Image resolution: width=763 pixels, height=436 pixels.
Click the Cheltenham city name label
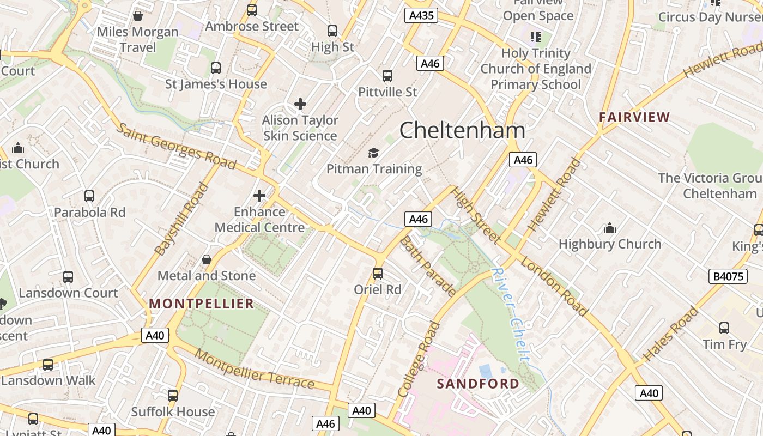(462, 131)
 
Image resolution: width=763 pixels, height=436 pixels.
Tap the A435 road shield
(421, 15)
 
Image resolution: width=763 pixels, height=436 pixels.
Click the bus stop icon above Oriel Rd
(378, 274)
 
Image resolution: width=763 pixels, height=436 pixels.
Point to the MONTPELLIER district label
(202, 304)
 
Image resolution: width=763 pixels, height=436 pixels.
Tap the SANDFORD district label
(478, 384)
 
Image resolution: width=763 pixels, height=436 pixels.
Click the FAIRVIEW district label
(634, 117)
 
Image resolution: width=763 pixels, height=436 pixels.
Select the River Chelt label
(511, 314)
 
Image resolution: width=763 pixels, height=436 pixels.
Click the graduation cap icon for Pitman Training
(373, 153)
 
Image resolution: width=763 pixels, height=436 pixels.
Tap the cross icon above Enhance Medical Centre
(259, 195)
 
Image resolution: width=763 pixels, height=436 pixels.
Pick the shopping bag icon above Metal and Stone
(207, 259)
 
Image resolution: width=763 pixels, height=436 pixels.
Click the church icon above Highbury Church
(609, 227)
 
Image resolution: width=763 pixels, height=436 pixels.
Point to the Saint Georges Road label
(177, 146)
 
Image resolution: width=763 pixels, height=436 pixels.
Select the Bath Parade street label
(428, 267)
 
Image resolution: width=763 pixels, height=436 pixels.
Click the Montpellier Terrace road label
(255, 368)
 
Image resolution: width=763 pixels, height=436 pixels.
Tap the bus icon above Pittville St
(387, 76)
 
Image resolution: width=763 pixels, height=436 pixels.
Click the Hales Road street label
(671, 334)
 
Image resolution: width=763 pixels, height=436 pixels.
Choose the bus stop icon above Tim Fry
(724, 328)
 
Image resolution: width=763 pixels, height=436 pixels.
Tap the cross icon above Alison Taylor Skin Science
(300, 104)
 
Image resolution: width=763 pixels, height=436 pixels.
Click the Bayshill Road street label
(182, 219)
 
